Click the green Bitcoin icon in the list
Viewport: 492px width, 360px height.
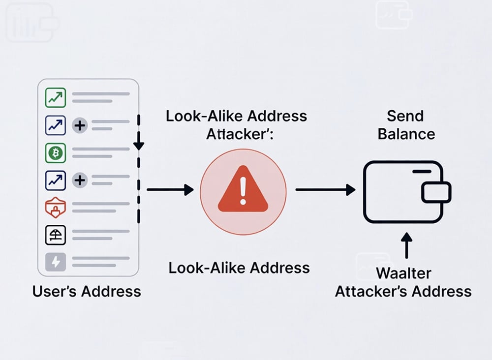(55, 153)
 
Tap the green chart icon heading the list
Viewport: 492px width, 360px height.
(55, 97)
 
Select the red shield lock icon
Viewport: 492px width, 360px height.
(55, 209)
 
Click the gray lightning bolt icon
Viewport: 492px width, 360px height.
(55, 262)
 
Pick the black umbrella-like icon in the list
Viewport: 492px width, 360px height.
(55, 236)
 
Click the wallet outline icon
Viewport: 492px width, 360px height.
(403, 192)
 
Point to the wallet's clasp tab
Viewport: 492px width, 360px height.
(436, 192)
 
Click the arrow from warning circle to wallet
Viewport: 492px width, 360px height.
(325, 189)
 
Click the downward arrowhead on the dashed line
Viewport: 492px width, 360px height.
(139, 144)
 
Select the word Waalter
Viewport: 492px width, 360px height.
(403, 273)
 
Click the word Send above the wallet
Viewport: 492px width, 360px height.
(405, 117)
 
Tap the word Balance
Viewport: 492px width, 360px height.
(406, 134)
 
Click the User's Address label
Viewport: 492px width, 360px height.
(87, 292)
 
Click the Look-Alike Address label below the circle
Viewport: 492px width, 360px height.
(239, 268)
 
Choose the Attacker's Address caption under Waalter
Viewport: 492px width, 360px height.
(403, 292)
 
